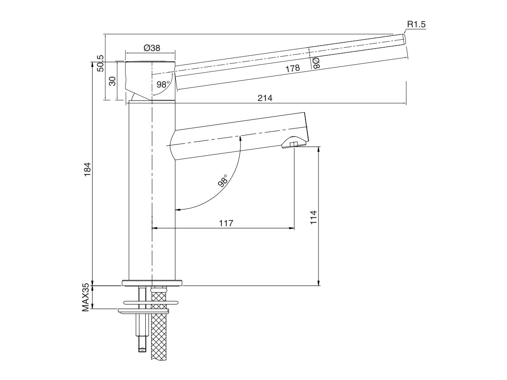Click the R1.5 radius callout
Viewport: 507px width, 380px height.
[416, 24]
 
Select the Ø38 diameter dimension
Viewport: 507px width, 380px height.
[152, 48]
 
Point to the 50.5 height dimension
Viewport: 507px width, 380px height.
[100, 63]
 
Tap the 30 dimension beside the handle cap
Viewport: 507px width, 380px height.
[113, 81]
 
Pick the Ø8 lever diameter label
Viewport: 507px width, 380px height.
[316, 63]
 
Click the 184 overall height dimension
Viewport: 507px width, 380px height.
[87, 170]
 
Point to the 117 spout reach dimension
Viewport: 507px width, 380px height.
[226, 223]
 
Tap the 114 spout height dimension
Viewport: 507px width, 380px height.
[313, 217]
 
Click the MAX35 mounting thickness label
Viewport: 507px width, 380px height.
[87, 297]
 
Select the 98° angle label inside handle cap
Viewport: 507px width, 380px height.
[163, 84]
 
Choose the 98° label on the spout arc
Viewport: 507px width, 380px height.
[223, 180]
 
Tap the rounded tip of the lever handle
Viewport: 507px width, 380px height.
[404, 39]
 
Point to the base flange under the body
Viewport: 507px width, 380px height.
[152, 282]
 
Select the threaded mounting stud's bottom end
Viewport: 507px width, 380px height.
[141, 348]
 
